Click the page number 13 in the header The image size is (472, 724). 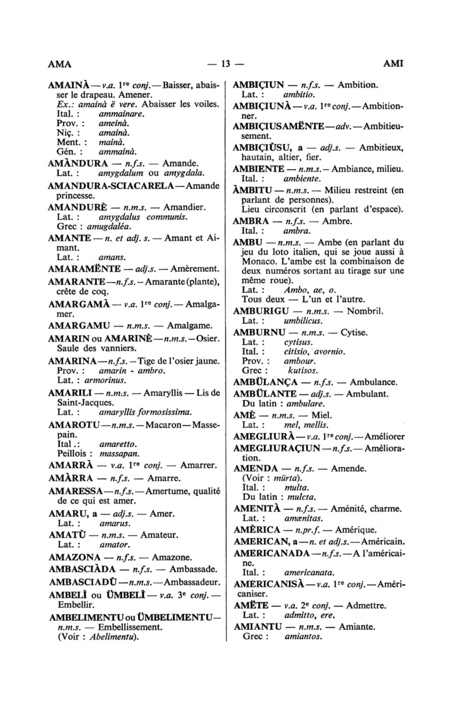(x=225, y=64)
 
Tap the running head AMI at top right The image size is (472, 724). (x=393, y=64)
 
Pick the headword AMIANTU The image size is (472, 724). (x=258, y=627)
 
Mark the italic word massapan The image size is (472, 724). (x=119, y=453)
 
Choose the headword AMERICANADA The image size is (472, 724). (x=271, y=553)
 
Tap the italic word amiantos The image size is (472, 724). (x=303, y=636)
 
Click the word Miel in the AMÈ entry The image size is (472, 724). (x=322, y=415)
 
